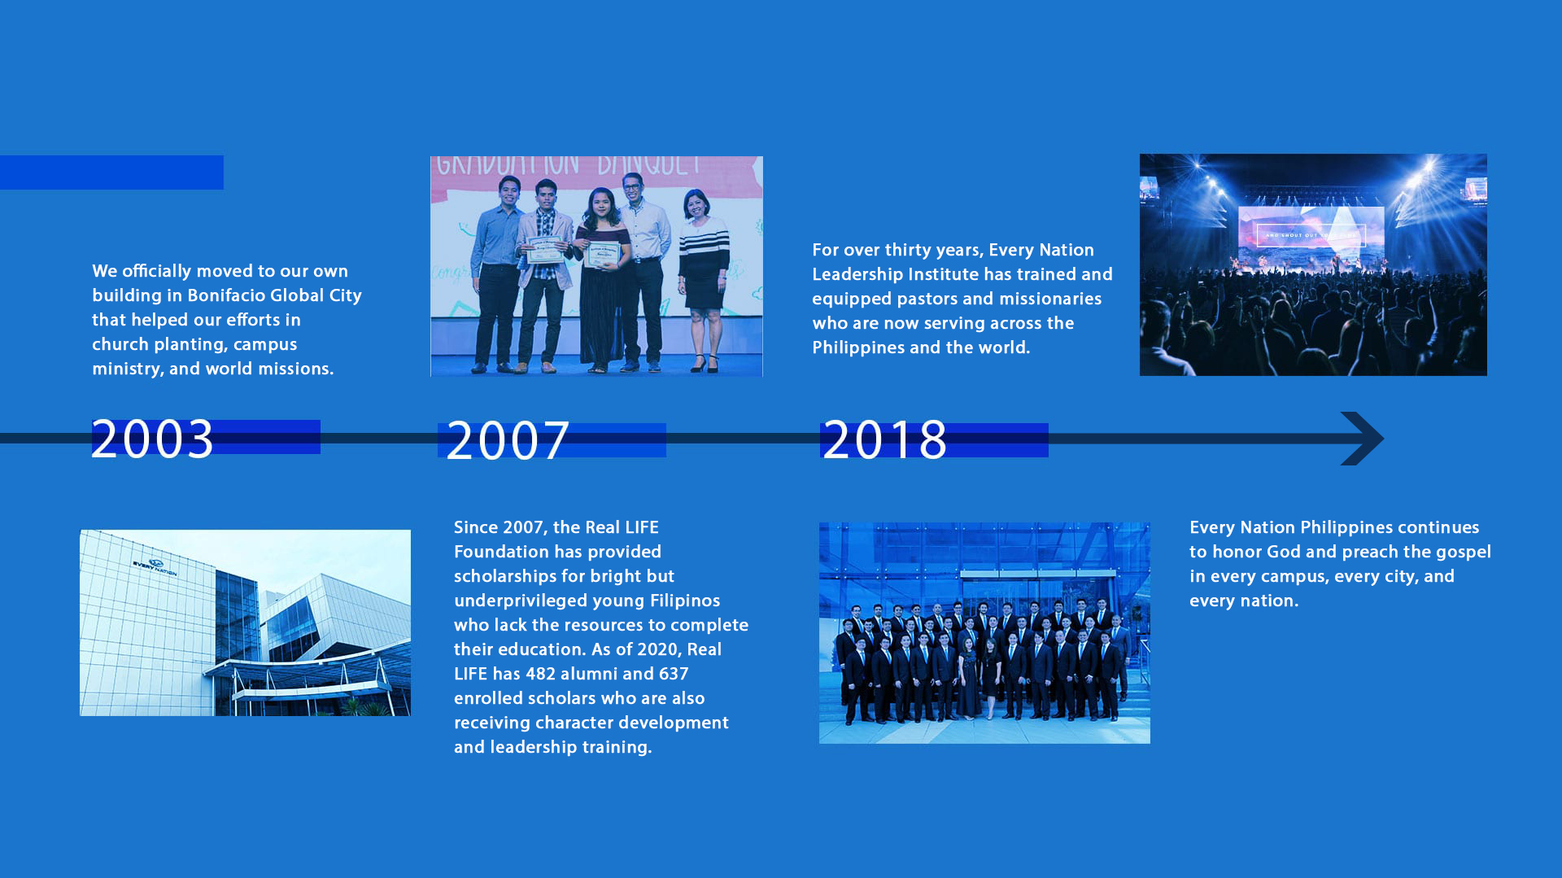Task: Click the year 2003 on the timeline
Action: point(152,439)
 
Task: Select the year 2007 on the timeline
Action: point(508,441)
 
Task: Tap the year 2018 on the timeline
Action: point(884,440)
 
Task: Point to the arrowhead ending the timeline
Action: point(1363,439)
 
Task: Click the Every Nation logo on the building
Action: point(155,566)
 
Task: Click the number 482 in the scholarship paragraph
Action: point(541,674)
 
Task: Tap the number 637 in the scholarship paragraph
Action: point(674,674)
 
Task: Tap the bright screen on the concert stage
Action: point(1311,233)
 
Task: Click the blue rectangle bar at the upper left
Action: point(111,173)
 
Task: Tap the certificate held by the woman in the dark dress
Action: point(603,254)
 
